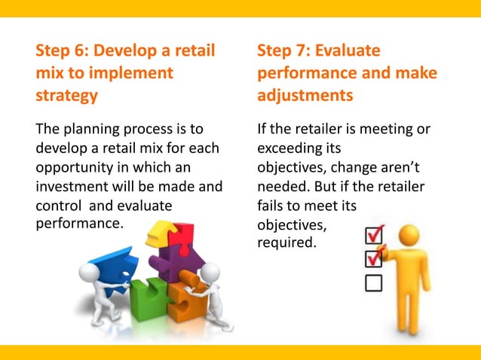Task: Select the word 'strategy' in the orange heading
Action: (x=66, y=96)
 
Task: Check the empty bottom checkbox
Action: (x=373, y=282)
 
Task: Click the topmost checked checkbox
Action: (x=374, y=235)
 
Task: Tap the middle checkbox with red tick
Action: (x=374, y=259)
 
